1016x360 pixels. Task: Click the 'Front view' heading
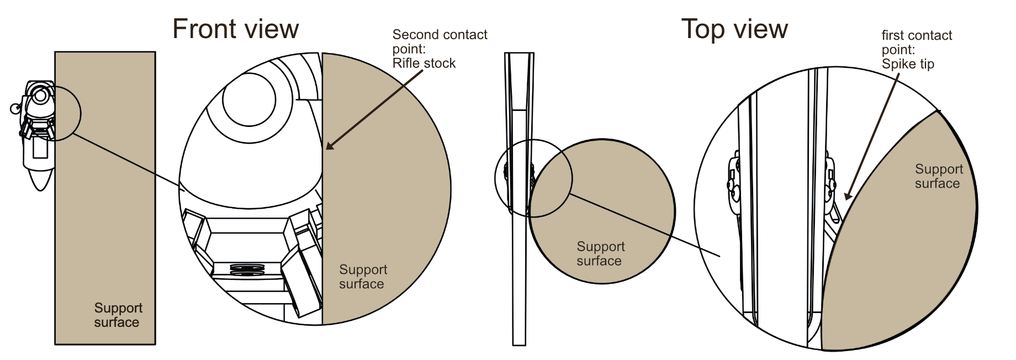coord(236,29)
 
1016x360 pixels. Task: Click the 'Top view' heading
coord(734,29)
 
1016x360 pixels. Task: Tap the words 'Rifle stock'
coord(424,63)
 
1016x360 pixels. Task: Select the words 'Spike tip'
coord(908,64)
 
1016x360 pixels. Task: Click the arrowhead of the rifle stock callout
coord(330,145)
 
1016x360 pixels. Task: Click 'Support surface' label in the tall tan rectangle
coord(118,315)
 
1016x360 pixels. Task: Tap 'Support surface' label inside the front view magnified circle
coord(363,277)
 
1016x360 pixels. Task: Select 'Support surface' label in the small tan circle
coord(600,253)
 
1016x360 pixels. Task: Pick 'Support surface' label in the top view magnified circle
coord(939,176)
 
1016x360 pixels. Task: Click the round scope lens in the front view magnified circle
coord(249,100)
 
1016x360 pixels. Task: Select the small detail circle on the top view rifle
coord(533,178)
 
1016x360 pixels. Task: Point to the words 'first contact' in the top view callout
coord(917,35)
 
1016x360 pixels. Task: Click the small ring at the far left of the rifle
coord(15,108)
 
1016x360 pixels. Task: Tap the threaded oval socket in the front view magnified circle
coord(247,269)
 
